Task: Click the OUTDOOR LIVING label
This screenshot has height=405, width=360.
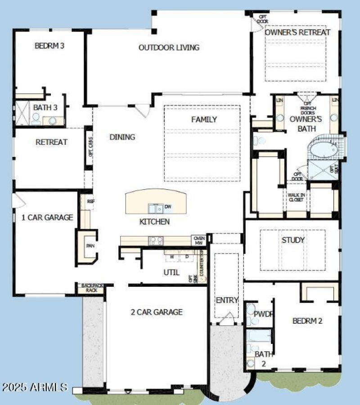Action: [x=169, y=48]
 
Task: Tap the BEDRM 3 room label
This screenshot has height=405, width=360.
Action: [x=49, y=45]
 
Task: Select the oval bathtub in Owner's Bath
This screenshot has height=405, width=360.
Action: [x=324, y=150]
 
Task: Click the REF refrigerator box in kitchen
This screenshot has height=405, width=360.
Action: [x=90, y=202]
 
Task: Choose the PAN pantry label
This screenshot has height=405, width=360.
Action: [x=90, y=246]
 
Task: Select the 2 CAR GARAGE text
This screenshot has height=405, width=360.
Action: [x=157, y=312]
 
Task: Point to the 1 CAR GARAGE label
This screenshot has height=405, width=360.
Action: [x=47, y=218]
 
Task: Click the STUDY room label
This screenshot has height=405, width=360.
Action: [x=293, y=240]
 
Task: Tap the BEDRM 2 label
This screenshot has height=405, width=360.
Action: [x=307, y=321]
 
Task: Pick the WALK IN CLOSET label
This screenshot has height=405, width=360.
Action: [x=296, y=197]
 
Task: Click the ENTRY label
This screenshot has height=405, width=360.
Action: [x=227, y=300]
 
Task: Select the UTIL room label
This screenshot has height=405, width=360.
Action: [x=171, y=272]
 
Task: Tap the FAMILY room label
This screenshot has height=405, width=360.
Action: [x=204, y=120]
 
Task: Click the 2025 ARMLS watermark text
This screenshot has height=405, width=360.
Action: [x=35, y=387]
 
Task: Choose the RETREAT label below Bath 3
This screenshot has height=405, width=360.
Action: [x=51, y=142]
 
